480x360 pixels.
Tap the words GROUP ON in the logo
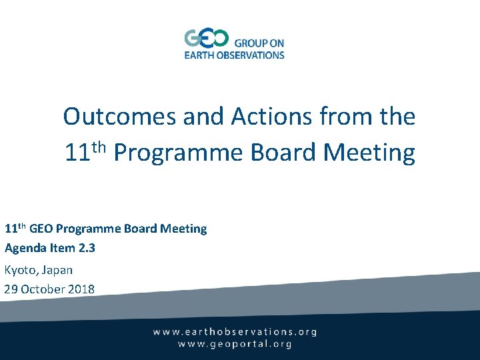(x=259, y=43)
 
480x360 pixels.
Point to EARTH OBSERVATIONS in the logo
(x=234, y=55)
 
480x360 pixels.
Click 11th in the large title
(x=86, y=152)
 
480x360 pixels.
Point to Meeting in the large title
(x=369, y=153)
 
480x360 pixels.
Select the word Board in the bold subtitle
(x=141, y=229)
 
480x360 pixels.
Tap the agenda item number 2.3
(x=86, y=248)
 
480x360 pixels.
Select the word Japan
(x=57, y=270)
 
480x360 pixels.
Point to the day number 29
(x=11, y=289)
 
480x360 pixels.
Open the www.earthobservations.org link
(x=235, y=331)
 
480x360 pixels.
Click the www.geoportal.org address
(x=235, y=344)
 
